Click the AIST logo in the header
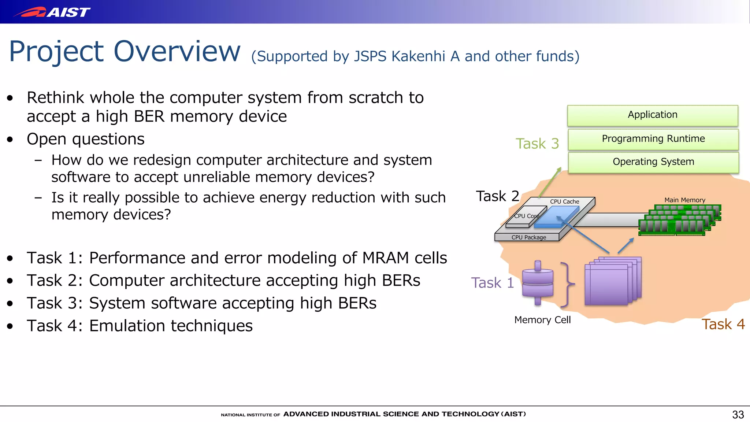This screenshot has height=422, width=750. tap(51, 12)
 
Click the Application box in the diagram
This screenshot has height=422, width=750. tap(652, 115)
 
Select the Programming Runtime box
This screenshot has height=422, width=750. tap(653, 139)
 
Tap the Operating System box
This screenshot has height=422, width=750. tap(653, 162)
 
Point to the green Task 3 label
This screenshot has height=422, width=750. tap(537, 144)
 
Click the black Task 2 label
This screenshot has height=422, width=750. tap(497, 196)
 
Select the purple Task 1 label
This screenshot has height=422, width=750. tap(492, 283)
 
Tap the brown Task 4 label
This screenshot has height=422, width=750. tap(723, 324)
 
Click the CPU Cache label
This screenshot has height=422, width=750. tap(564, 201)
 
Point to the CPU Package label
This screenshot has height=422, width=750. tap(528, 237)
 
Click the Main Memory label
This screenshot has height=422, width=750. tap(684, 200)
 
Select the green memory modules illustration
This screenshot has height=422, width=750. tap(679, 220)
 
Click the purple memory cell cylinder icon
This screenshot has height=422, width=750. tap(537, 283)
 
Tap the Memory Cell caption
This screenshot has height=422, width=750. tap(542, 320)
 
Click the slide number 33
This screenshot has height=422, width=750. tap(738, 414)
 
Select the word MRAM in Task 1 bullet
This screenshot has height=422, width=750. tap(385, 258)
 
